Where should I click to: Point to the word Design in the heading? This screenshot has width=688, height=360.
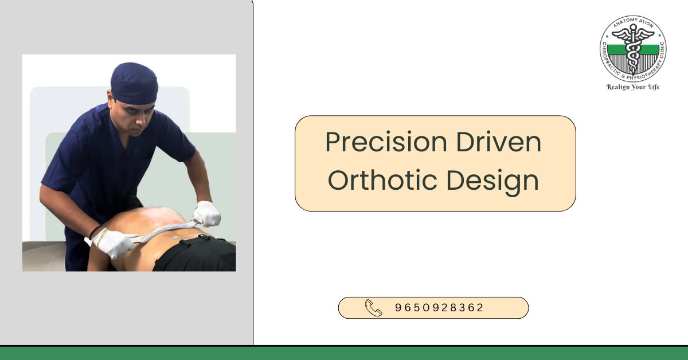pos(492,181)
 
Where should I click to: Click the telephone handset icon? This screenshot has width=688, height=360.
pos(373,308)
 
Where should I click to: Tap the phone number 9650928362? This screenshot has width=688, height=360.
pos(440,308)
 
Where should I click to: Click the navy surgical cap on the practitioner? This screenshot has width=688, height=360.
pos(134,82)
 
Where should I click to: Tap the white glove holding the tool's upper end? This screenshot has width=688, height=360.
pos(207,213)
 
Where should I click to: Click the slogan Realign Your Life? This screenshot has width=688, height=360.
pos(633,87)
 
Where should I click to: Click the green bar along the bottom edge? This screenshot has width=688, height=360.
pos(344,353)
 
